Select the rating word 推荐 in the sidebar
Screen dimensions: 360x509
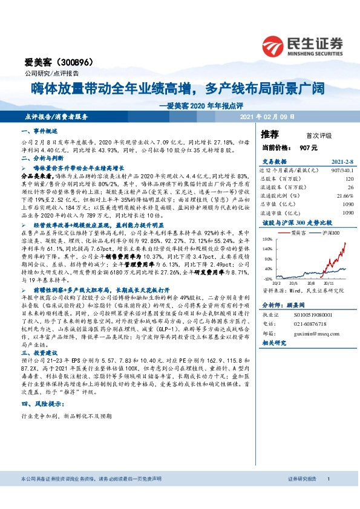[x=270, y=133]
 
